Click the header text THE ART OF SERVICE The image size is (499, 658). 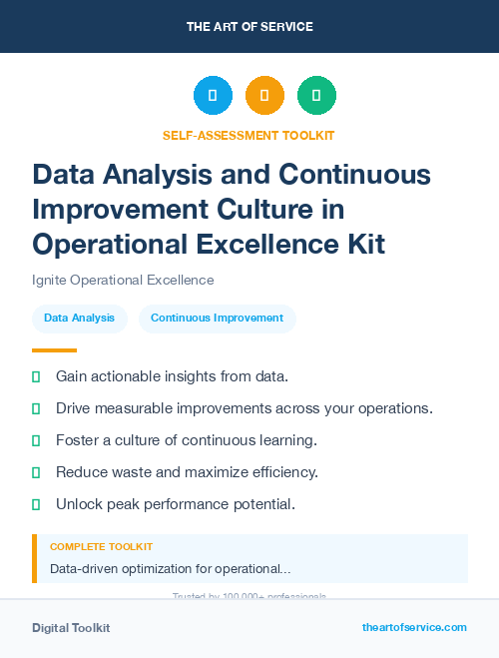pos(249,27)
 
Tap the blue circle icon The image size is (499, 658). pos(213,96)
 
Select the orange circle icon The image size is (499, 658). pos(264,96)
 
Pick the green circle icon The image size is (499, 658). pos(316,96)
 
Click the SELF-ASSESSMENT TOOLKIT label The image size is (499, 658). pos(249,136)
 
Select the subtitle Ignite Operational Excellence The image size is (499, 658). pos(123,281)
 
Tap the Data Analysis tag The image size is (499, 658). pos(79,319)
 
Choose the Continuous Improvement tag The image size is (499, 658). pos(217,319)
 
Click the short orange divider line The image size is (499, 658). pos(54,350)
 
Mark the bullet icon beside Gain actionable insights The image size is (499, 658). pos(36,376)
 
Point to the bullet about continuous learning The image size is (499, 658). pos(186,440)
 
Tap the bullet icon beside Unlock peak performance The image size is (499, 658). pos(36,504)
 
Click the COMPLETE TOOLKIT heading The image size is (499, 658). pos(101,547)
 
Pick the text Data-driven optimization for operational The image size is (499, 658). pos(170,569)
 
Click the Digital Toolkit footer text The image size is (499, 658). pos(71,628)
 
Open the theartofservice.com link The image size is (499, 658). pos(414,627)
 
